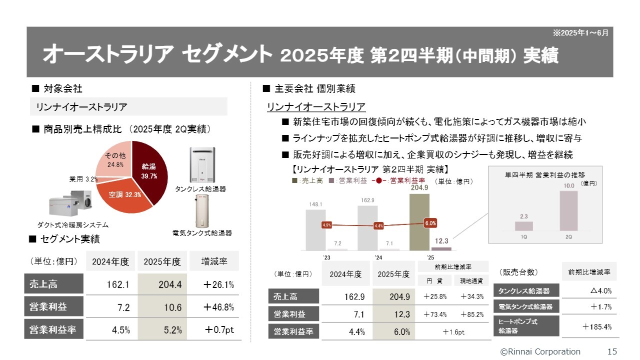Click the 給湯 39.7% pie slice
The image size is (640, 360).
coord(150,170)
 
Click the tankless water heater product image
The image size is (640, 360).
coord(202,165)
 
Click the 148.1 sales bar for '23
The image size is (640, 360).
coord(315,229)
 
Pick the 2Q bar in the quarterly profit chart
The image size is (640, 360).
coord(568,210)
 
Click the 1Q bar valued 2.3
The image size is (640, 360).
coord(523,225)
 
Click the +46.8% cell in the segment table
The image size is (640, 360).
coord(218,307)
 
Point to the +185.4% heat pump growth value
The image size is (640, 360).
coord(597,327)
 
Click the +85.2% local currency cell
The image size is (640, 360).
coord(471,314)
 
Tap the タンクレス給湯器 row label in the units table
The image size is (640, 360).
coord(526,290)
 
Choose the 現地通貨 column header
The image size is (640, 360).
coord(471,281)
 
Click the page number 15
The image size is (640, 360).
coord(612,351)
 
